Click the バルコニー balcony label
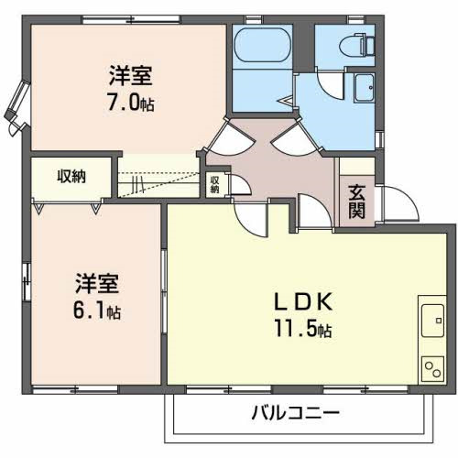(295, 412)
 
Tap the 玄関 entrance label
(357, 202)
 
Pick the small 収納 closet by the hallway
(214, 184)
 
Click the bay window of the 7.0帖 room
(18, 108)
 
